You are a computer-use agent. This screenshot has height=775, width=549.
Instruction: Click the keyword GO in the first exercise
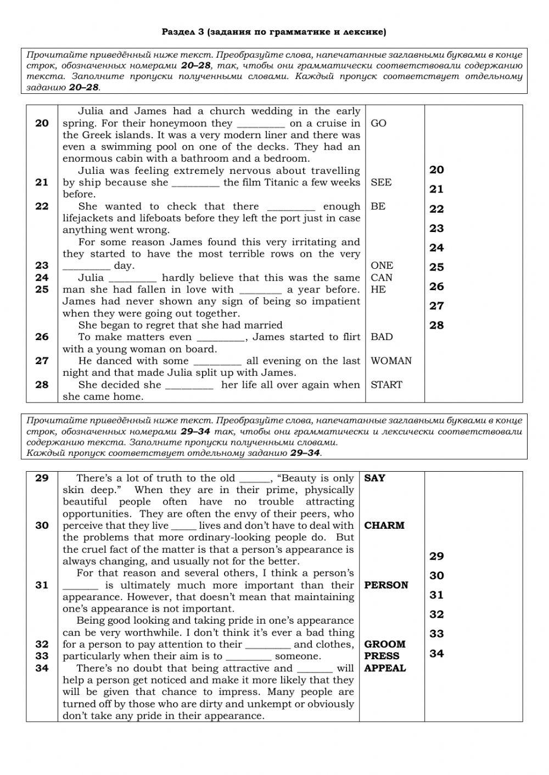point(378,123)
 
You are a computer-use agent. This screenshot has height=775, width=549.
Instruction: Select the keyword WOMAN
point(391,361)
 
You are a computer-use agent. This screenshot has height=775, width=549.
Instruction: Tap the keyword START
point(386,385)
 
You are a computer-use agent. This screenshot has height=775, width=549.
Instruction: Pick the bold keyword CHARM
point(384,525)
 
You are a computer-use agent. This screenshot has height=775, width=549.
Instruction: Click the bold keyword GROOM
point(385,644)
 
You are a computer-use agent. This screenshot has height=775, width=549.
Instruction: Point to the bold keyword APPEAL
point(385,669)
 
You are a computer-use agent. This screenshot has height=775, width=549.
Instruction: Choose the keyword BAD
point(382,337)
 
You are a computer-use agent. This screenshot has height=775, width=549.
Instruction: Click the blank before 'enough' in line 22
point(291,207)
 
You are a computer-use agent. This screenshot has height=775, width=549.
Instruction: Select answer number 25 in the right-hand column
point(436,268)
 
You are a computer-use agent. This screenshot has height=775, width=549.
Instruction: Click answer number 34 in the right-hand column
point(436,654)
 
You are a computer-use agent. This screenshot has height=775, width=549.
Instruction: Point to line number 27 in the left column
point(42,361)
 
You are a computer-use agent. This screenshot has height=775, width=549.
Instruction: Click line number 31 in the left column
point(42,585)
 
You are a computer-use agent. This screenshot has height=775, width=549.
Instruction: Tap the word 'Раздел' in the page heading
point(177,32)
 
